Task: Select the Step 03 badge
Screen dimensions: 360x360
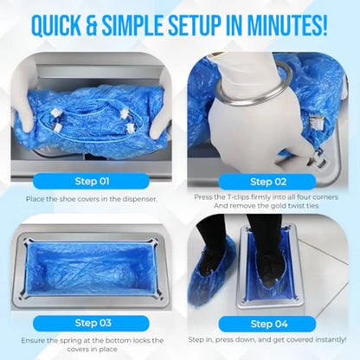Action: click(x=89, y=322)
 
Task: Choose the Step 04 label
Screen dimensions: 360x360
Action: click(x=269, y=322)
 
